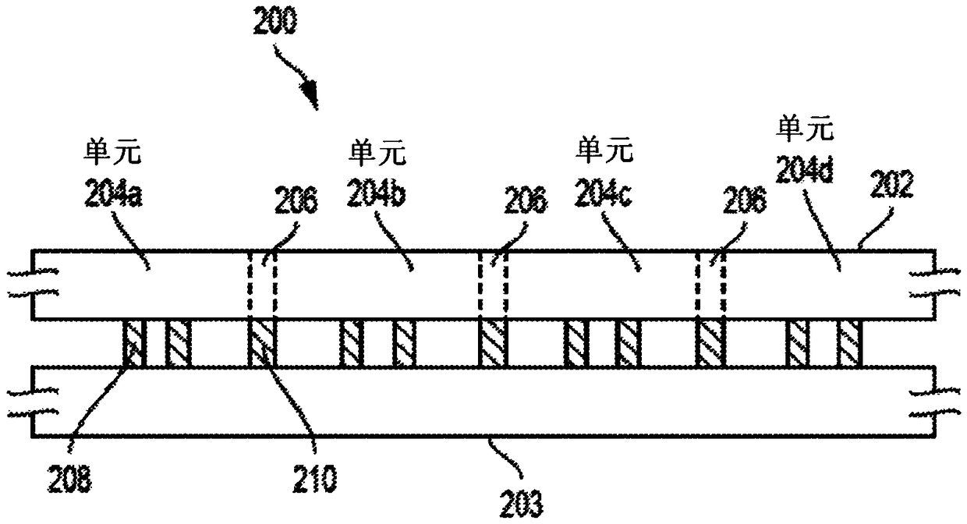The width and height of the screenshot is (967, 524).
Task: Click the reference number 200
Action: click(x=275, y=21)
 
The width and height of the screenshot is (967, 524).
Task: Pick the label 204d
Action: click(x=805, y=168)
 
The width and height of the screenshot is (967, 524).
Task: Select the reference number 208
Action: click(x=70, y=479)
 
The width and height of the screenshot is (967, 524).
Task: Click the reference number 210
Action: click(x=314, y=479)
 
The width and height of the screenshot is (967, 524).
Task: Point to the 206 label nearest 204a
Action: click(x=296, y=200)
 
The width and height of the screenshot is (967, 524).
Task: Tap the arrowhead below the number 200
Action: click(x=310, y=95)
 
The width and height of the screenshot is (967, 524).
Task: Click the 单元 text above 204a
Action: click(x=112, y=152)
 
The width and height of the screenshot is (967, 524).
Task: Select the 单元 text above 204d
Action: click(x=805, y=129)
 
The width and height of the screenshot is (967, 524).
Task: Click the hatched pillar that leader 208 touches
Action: click(x=135, y=343)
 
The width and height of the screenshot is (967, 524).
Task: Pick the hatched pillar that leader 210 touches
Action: click(x=263, y=343)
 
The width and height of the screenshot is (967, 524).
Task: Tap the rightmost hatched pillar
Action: click(x=849, y=343)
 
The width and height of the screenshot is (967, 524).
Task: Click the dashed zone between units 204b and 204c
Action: click(x=493, y=285)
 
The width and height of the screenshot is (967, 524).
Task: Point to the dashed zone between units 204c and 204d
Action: click(x=710, y=285)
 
